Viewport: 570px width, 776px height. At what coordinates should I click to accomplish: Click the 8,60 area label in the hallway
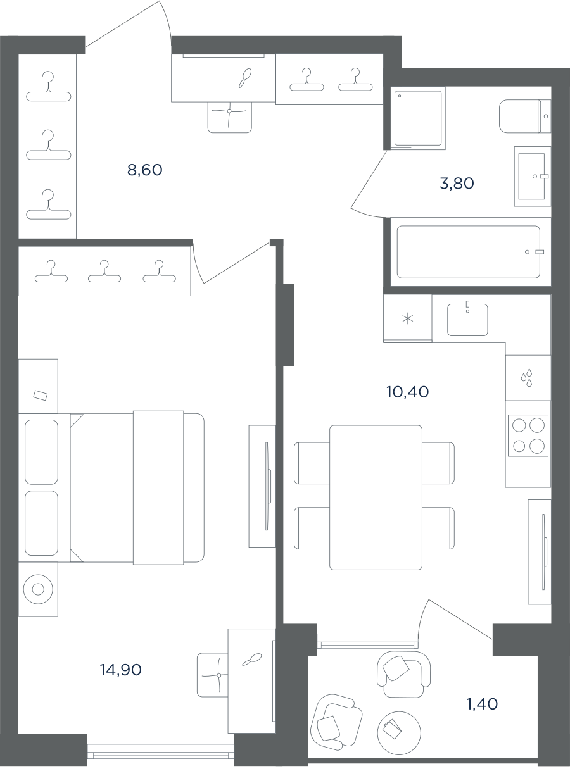(x=145, y=170)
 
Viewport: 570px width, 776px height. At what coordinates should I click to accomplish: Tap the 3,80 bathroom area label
(x=457, y=184)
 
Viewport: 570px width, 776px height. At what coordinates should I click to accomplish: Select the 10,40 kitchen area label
(x=407, y=392)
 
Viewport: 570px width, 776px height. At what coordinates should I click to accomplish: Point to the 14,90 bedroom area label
(x=121, y=670)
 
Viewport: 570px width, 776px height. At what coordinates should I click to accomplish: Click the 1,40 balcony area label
(x=482, y=704)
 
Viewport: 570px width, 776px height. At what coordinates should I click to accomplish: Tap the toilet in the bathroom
(x=524, y=116)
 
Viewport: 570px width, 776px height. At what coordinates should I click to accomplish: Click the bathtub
(x=469, y=252)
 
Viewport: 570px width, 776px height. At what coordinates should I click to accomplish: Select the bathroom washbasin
(x=532, y=177)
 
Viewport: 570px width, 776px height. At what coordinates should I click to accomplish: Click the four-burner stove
(x=528, y=435)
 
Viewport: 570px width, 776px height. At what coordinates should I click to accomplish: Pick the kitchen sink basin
(x=467, y=320)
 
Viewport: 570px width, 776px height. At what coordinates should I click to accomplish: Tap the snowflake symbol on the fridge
(x=408, y=318)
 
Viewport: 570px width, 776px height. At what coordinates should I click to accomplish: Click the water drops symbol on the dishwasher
(x=526, y=378)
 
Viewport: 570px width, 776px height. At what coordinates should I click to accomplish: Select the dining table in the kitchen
(x=376, y=498)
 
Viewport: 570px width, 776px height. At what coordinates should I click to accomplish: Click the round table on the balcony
(x=399, y=733)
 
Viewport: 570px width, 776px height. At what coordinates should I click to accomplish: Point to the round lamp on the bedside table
(x=38, y=589)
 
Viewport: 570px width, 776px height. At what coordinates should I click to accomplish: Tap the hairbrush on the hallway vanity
(x=245, y=78)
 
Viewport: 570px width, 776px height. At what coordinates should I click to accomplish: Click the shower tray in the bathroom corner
(x=418, y=118)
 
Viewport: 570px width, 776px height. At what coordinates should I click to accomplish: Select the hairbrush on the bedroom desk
(x=251, y=660)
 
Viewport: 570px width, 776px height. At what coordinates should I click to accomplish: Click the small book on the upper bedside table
(x=41, y=395)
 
